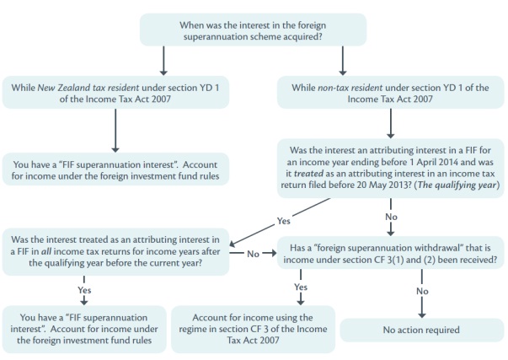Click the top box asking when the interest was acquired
coord(254,27)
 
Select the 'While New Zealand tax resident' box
coord(112,91)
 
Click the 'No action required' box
coord(421,330)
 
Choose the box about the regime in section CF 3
coord(254,322)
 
